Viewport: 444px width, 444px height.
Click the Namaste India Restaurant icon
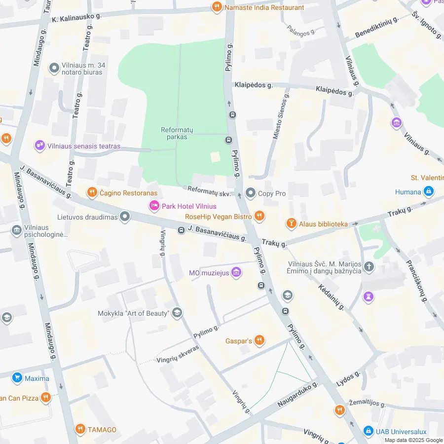click(x=216, y=7)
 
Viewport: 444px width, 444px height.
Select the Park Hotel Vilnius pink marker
click(x=154, y=206)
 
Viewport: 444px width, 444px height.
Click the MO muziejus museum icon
click(x=236, y=272)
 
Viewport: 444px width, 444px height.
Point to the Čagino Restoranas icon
click(x=91, y=192)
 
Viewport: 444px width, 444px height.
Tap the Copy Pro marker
click(x=251, y=193)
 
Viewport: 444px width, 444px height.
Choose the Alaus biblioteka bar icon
click(x=292, y=224)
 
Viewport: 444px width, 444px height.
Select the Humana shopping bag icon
click(x=429, y=191)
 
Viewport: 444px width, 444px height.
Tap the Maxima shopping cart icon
click(x=17, y=378)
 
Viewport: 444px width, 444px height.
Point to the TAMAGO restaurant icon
click(x=80, y=429)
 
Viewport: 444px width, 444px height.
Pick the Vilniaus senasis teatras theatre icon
click(x=39, y=146)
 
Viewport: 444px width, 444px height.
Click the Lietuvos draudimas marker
click(x=125, y=217)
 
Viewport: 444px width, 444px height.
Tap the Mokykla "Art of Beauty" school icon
click(x=177, y=313)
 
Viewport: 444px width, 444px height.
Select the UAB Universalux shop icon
click(x=368, y=432)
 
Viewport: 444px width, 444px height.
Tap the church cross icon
click(x=369, y=267)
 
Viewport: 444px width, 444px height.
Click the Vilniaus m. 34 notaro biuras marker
click(x=54, y=69)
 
